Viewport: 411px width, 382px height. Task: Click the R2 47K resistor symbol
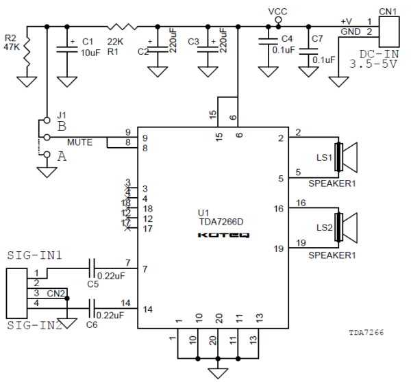click(x=27, y=51)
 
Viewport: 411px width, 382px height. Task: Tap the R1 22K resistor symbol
click(x=123, y=27)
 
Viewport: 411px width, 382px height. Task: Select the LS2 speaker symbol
click(x=346, y=227)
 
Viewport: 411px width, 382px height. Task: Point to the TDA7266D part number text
click(x=221, y=222)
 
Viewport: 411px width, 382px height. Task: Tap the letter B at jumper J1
click(x=61, y=126)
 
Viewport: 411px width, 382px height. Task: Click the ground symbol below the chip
click(x=218, y=372)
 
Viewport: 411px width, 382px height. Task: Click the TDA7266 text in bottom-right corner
click(x=364, y=332)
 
